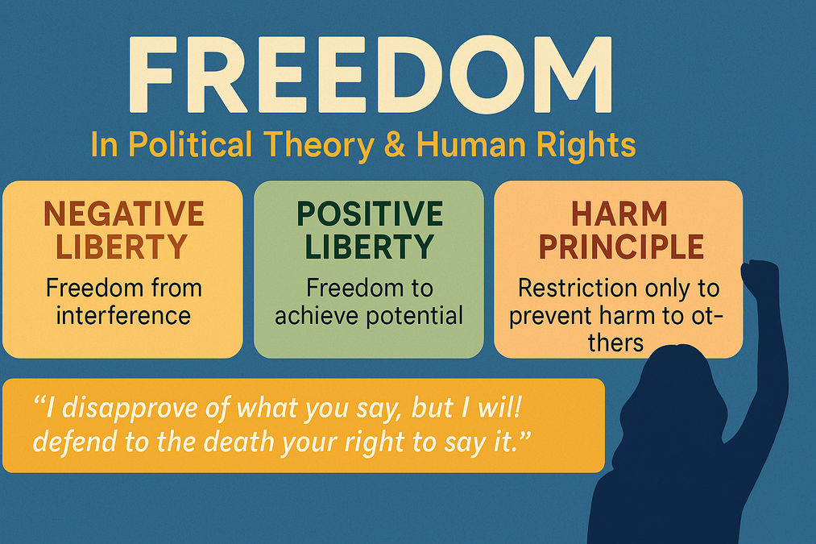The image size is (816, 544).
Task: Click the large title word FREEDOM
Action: pos(371,74)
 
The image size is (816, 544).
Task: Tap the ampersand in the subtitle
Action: pos(395,144)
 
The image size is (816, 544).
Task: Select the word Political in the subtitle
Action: pos(190,144)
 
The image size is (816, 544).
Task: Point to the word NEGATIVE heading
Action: pos(124,214)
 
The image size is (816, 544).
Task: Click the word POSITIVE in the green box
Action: pos(370,214)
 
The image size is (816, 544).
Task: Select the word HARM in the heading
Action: pos(619,214)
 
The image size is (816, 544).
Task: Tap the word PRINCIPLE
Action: pos(621,247)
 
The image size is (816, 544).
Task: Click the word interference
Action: pos(123,315)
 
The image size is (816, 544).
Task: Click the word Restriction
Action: pos(577,288)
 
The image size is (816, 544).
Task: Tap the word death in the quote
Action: pos(238,442)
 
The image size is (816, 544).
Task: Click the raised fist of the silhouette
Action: pos(760,276)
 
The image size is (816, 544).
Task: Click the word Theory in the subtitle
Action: pos(318,146)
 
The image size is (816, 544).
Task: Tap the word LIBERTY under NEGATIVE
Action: pos(122,247)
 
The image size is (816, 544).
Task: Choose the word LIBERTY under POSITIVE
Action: pos(369,247)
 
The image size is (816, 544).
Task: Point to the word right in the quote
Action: pos(375,443)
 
